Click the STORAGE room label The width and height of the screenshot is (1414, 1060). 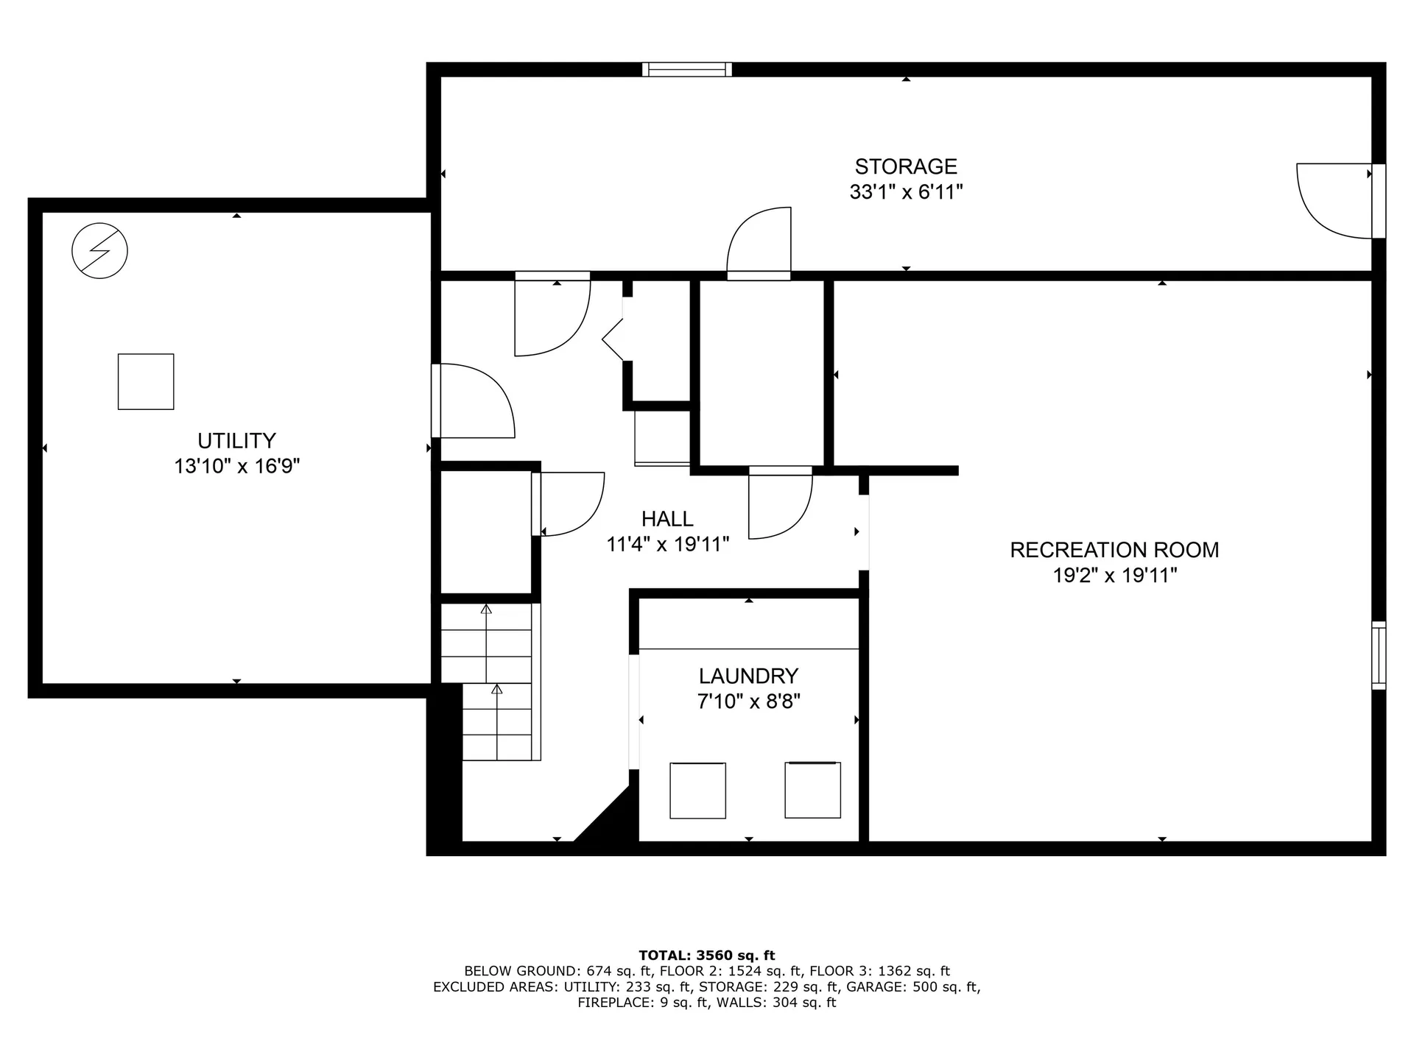point(906,166)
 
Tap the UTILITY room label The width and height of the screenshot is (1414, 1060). point(236,440)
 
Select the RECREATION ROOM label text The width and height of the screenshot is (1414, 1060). point(1114,550)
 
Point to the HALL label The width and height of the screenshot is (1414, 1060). point(667,519)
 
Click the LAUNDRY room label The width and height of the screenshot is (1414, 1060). point(748,676)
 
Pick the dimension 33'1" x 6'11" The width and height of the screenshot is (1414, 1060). point(906,192)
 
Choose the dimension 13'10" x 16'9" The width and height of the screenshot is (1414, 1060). point(236,466)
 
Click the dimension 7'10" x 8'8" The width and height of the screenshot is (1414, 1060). point(748,701)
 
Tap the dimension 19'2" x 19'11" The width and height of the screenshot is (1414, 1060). point(1114,575)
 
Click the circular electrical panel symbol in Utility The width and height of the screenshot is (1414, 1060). point(99,250)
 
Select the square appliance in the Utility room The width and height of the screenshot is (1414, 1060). point(146,381)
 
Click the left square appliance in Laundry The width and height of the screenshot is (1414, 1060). point(697,790)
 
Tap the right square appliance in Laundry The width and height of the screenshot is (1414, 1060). point(812,789)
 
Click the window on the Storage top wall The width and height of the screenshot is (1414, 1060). point(687,69)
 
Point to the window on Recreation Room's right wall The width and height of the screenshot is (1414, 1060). point(1379,656)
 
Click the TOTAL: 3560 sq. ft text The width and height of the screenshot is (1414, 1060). point(707,955)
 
